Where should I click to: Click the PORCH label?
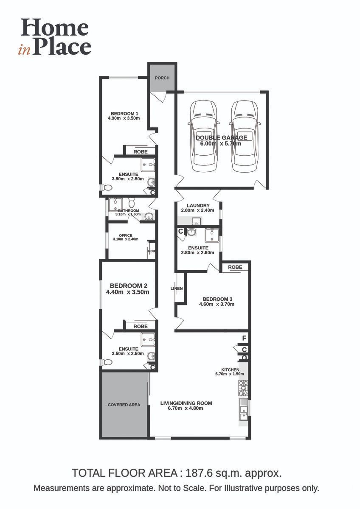(162, 78)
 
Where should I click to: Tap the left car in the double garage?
(203, 136)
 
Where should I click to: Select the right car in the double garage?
(244, 136)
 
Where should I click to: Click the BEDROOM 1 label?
(124, 114)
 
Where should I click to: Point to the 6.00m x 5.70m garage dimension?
(221, 144)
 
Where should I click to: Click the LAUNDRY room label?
(195, 206)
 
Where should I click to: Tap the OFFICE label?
(126, 235)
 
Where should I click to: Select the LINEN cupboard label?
(177, 288)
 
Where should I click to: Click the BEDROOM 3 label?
(217, 299)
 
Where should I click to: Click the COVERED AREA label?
(124, 405)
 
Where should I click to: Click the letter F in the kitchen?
(244, 338)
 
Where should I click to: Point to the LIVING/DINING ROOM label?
(186, 403)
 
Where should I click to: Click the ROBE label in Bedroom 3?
(235, 267)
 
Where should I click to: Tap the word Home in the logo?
(55, 28)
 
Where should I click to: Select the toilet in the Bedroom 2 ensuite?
(106, 362)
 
